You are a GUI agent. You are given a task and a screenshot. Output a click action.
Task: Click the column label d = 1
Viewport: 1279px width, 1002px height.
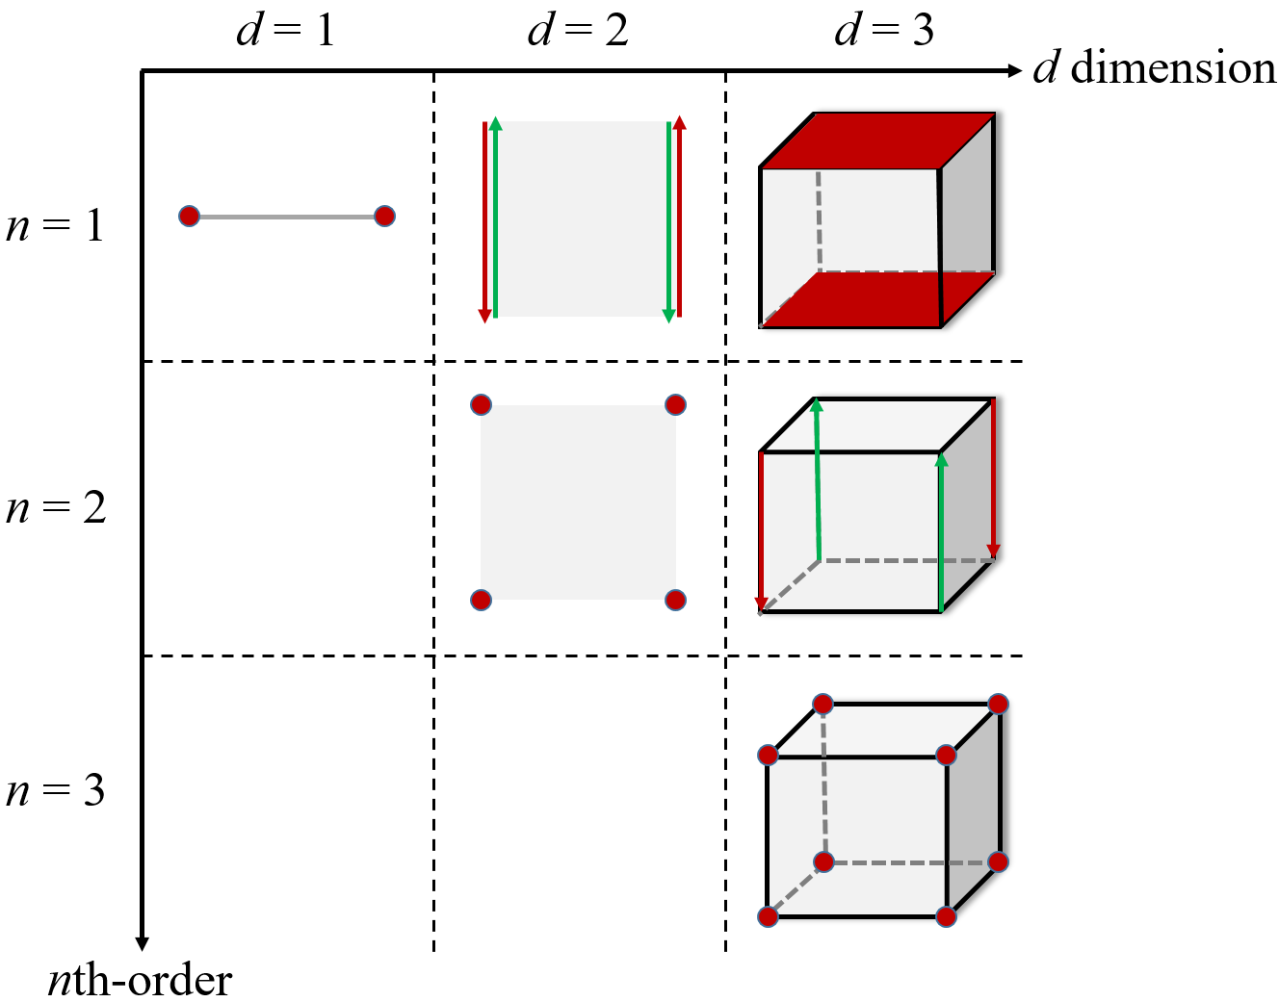coord(285,30)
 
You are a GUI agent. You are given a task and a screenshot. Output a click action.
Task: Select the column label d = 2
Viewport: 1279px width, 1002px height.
coord(578,30)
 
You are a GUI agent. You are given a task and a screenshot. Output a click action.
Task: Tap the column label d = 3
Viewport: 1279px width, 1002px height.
coord(883,30)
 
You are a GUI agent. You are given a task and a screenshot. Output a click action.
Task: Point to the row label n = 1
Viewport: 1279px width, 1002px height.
coord(55,225)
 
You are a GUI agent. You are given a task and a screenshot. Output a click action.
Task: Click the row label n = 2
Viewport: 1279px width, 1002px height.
coord(56,507)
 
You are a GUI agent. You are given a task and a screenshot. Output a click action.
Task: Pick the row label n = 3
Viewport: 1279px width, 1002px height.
coord(55,790)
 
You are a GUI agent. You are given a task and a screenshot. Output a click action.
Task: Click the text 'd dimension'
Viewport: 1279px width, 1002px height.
coord(1154,67)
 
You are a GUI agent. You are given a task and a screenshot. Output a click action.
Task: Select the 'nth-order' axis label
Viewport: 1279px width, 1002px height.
coord(141,980)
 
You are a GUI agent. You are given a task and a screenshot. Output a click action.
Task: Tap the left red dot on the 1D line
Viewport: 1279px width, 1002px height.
coord(190,216)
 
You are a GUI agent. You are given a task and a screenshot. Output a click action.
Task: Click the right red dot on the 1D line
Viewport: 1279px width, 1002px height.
coord(384,216)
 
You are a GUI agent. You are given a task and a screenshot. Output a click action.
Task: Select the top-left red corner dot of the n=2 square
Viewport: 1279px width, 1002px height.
coord(482,404)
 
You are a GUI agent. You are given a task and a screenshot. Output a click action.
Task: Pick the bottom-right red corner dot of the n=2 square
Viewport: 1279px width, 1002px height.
coord(675,600)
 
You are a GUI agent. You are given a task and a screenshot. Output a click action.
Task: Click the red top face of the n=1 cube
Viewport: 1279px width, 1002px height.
coord(876,140)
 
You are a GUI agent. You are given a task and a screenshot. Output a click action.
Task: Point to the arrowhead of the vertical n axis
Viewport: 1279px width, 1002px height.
coord(143,943)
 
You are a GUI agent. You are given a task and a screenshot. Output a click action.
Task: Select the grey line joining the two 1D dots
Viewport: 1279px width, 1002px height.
coord(287,217)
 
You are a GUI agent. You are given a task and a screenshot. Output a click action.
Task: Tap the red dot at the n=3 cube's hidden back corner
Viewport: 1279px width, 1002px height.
coord(823,861)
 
